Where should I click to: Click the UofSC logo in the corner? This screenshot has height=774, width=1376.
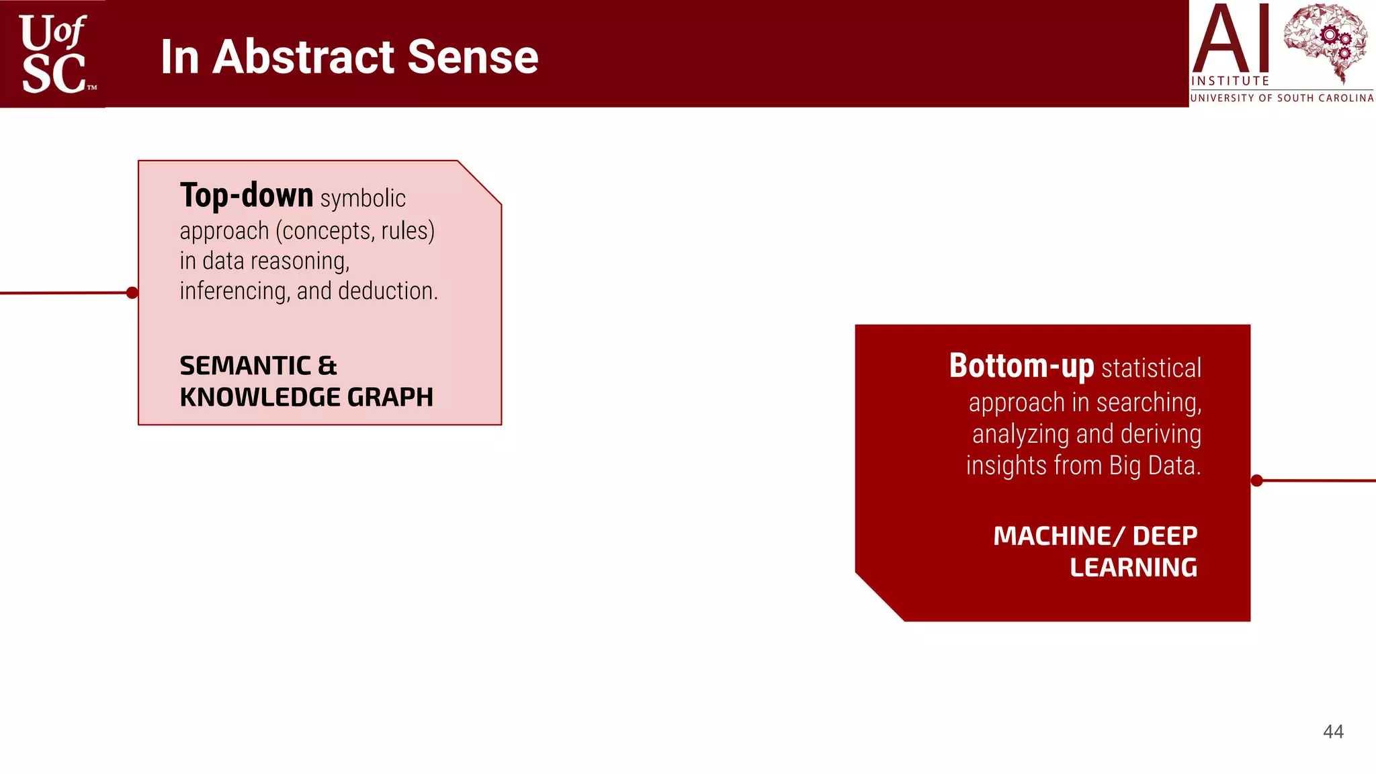click(x=53, y=54)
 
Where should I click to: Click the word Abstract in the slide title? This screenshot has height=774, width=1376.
click(x=303, y=57)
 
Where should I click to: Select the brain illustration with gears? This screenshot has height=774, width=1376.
click(x=1325, y=40)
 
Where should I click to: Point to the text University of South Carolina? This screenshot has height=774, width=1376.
click(x=1281, y=98)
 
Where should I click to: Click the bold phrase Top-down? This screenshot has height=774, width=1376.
click(x=247, y=196)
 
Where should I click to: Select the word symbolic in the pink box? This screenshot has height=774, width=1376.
click(x=363, y=199)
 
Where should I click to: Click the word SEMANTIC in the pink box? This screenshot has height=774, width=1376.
click(x=245, y=366)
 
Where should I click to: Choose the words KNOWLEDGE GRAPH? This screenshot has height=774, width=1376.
click(x=306, y=397)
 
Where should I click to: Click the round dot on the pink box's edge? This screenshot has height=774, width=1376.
click(x=132, y=292)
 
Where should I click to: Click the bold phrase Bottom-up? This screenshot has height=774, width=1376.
click(x=1021, y=366)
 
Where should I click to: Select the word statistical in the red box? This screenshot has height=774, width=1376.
click(x=1151, y=368)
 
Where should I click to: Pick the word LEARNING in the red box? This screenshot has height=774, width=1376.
click(x=1133, y=568)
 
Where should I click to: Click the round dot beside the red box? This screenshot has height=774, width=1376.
click(x=1257, y=480)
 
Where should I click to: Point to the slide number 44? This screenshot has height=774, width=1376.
click(x=1333, y=732)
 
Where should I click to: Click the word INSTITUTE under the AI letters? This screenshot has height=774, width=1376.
click(x=1230, y=81)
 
